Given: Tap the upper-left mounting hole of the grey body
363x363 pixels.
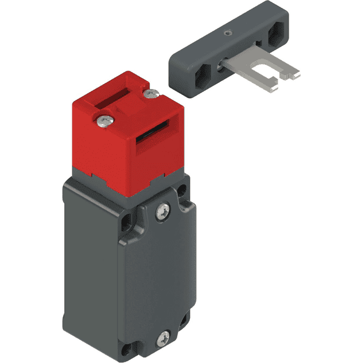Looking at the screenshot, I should (x=126, y=224).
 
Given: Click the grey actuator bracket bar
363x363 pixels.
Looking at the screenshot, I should (x=236, y=45).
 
